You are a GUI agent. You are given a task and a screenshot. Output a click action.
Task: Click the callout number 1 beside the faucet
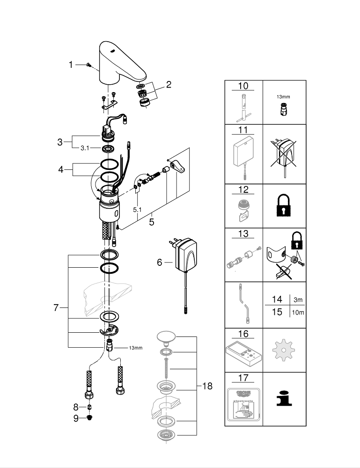pos(71,65)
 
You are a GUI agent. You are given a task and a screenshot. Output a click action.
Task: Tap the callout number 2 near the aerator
pos(169,85)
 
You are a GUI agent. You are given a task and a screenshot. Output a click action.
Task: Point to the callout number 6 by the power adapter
pos(160,263)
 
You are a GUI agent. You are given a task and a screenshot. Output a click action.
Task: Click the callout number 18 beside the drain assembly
pos(207,386)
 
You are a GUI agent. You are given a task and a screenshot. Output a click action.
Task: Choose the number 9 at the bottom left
pos(76,419)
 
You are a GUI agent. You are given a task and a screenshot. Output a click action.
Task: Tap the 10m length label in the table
pos(297,312)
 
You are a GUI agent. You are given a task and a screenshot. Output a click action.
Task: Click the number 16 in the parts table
pos(243,334)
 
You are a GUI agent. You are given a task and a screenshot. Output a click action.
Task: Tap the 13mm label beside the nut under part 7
pos(135,348)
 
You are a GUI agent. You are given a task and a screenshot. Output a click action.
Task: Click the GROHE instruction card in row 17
pos(243,403)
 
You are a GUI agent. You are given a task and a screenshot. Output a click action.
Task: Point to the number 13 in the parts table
pos(243,234)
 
